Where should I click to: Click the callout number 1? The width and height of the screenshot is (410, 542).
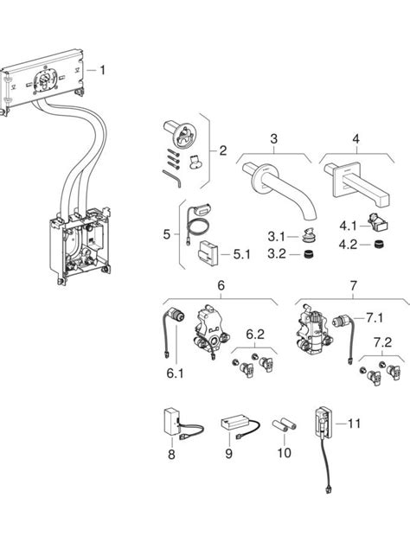tap(105, 70)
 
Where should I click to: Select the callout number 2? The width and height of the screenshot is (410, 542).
tap(222, 150)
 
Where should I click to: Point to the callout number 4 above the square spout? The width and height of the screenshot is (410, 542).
tap(355, 138)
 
